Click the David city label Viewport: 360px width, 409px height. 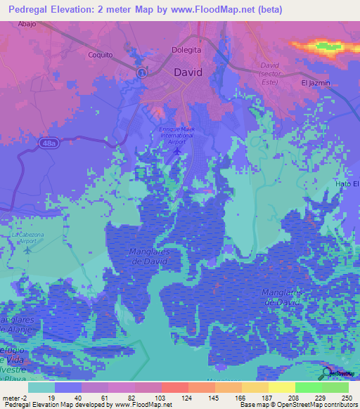point(188,72)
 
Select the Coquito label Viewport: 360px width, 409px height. point(100,55)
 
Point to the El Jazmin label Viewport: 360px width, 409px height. point(315,83)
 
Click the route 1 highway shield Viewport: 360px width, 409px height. point(141,72)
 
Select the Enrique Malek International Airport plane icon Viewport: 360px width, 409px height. point(177,150)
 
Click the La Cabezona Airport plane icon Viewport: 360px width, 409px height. point(27,249)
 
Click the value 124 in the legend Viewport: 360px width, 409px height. point(188,397)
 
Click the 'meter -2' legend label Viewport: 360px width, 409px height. point(14,397)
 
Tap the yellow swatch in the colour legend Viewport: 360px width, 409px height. point(281,387)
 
